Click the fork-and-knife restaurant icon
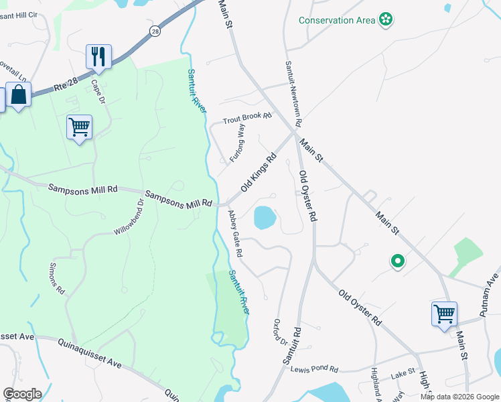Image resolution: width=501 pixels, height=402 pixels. pos(98,57)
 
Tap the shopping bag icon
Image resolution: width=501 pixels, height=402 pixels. pos(18,95)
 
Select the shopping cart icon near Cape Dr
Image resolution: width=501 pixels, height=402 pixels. pos(79,127)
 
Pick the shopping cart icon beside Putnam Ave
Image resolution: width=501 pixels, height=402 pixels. pos(445,313)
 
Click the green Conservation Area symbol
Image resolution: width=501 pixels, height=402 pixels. pos(386,19)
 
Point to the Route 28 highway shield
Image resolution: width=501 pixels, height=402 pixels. pos(156,31)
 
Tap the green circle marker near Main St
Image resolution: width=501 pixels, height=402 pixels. pos(397,261)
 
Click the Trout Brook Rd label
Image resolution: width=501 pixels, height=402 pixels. pos(247,117)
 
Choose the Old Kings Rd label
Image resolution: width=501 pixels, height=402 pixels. pos(259,174)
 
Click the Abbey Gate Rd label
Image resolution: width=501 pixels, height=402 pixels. pos(234,234)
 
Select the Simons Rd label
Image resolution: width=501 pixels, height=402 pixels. pos(57,279)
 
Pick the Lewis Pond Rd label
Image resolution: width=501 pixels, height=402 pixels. pos(315,369)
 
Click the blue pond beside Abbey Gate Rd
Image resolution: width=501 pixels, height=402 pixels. pos(265,217)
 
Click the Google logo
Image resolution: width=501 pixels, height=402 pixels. pos(22,394)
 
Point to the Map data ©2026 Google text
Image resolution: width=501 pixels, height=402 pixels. pos(459,397)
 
